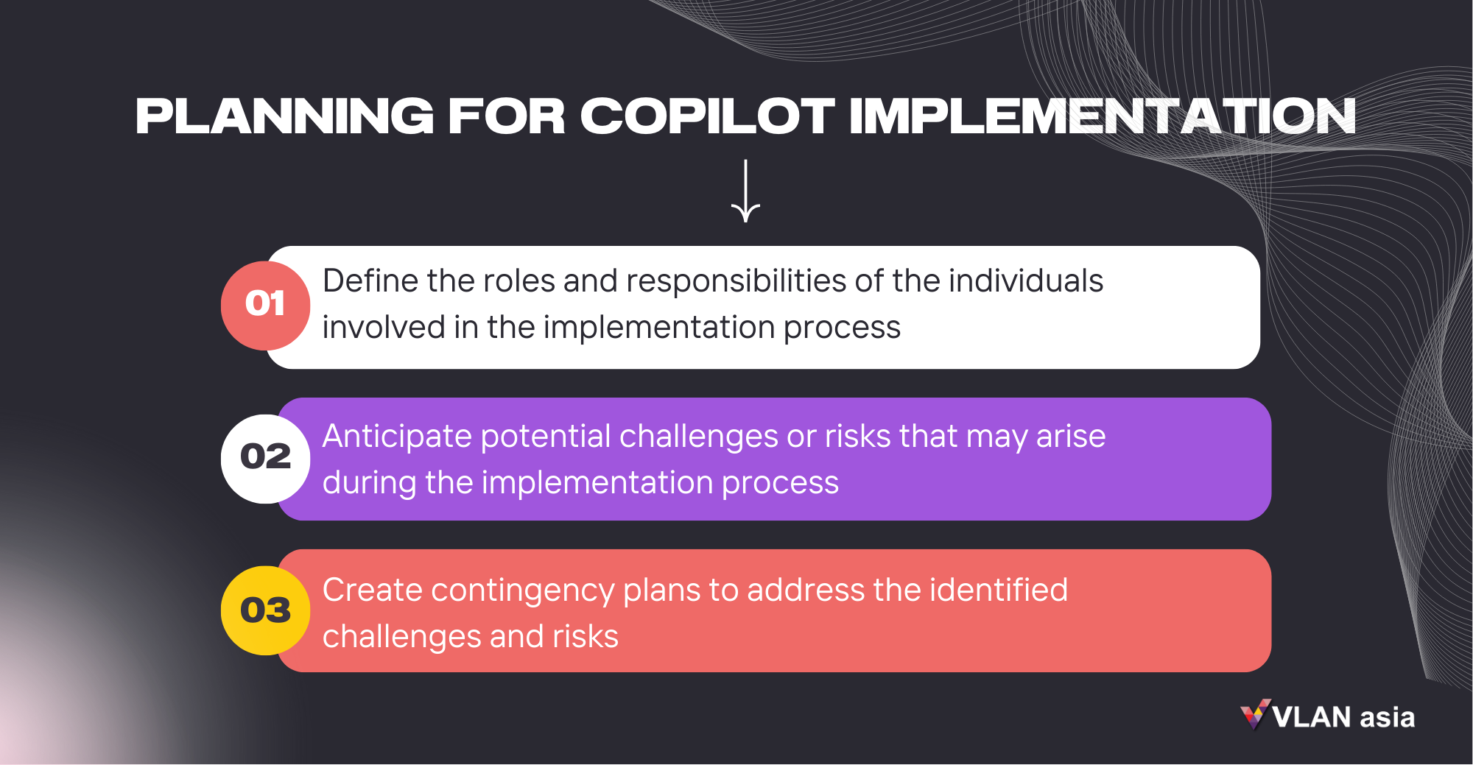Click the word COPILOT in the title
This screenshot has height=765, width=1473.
click(707, 116)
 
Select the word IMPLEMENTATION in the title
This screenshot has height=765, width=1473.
click(1102, 116)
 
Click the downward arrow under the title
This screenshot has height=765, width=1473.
click(745, 191)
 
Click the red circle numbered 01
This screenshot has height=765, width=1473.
click(265, 305)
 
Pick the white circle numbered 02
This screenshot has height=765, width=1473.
click(265, 458)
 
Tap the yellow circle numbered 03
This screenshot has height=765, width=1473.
click(265, 610)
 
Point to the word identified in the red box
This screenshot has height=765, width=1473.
click(998, 591)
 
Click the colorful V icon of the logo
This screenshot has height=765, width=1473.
click(1255, 714)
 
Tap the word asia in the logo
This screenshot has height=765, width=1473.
click(1387, 717)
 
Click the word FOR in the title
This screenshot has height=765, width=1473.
click(506, 116)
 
